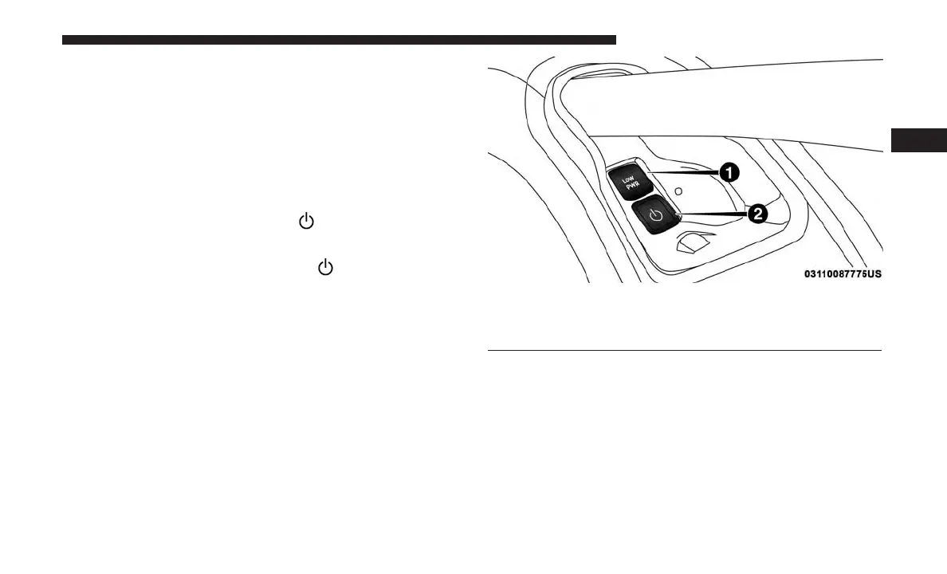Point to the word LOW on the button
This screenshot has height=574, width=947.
[x=627, y=176]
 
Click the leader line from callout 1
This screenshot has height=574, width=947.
[x=686, y=171]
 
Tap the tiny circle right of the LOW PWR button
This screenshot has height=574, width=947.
[x=677, y=192]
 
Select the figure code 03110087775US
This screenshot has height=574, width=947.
[x=842, y=274]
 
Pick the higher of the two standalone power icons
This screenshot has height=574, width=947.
[x=305, y=222]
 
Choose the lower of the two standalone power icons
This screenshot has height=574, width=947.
[x=325, y=268]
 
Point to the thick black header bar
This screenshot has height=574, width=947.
[x=339, y=39]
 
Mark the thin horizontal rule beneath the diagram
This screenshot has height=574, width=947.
[x=684, y=350]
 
